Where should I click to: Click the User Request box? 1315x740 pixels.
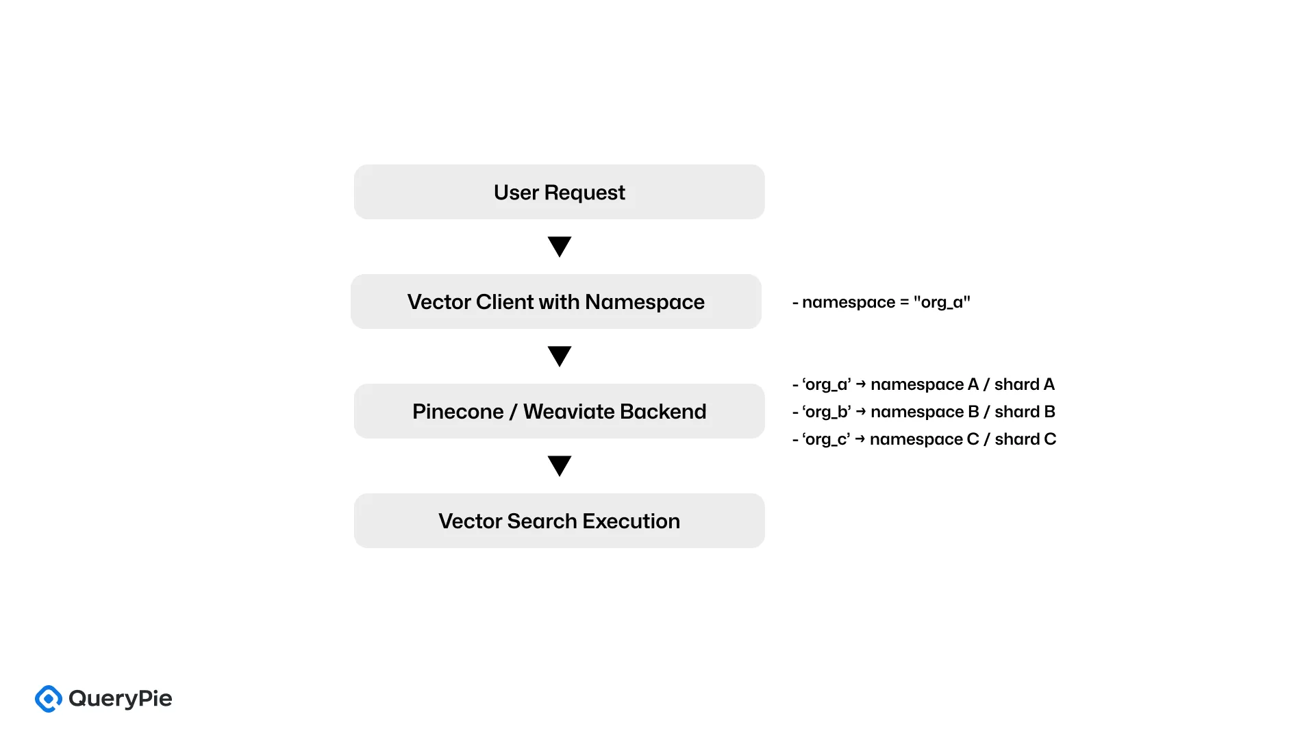[559, 192]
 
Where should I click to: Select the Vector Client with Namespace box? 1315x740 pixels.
[555, 301]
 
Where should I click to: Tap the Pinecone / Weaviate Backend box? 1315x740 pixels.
[559, 411]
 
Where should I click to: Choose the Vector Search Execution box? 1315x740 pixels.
[559, 521]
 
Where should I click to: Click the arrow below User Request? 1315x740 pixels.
[560, 246]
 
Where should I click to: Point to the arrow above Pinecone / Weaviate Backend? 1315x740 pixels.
[560, 356]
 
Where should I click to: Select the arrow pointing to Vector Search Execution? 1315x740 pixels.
[560, 465]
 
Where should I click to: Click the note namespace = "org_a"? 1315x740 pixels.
[881, 302]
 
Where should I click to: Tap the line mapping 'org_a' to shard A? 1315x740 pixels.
[923, 384]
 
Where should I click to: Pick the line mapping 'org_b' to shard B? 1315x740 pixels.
[923, 412]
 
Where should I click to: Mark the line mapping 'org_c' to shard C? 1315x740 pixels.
[923, 439]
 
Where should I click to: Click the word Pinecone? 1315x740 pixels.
[458, 411]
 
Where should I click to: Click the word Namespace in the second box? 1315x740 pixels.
[644, 301]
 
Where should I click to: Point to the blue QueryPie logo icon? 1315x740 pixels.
[49, 699]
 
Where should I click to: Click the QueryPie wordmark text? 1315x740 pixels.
[121, 699]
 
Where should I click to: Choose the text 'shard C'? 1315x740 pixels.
[1025, 439]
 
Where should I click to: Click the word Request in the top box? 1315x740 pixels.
[584, 193]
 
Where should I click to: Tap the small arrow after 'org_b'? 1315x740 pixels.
[861, 411]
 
